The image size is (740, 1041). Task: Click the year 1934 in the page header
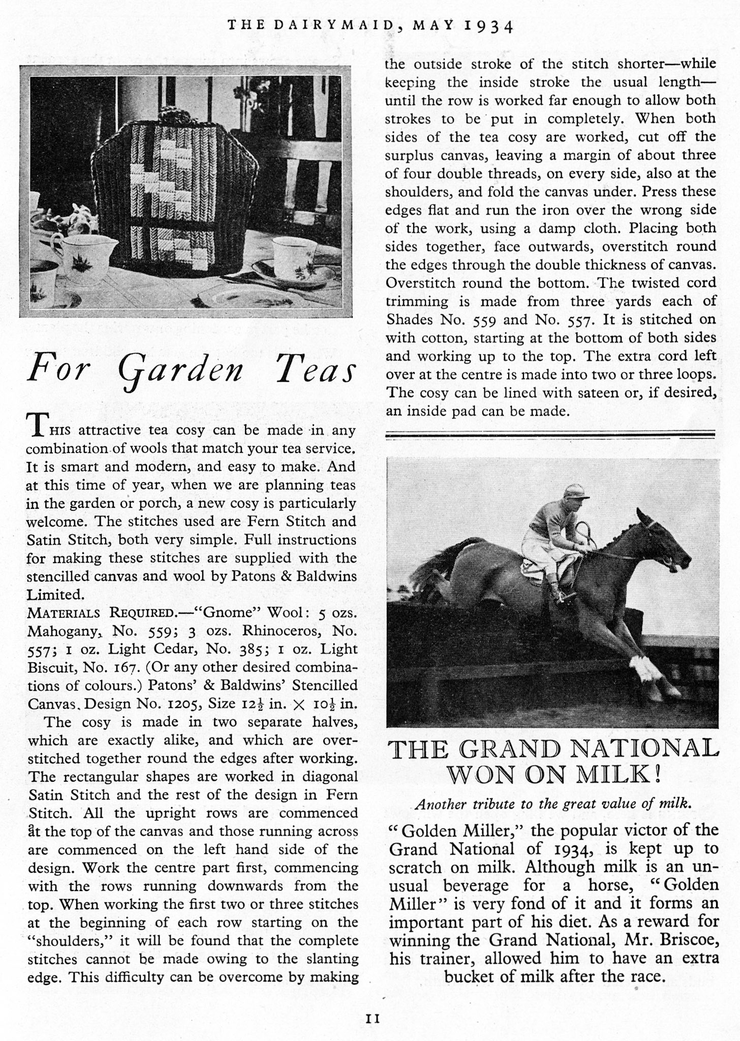click(x=489, y=25)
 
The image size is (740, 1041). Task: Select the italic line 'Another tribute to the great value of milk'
click(x=553, y=804)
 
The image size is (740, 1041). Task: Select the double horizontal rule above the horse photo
click(x=550, y=434)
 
